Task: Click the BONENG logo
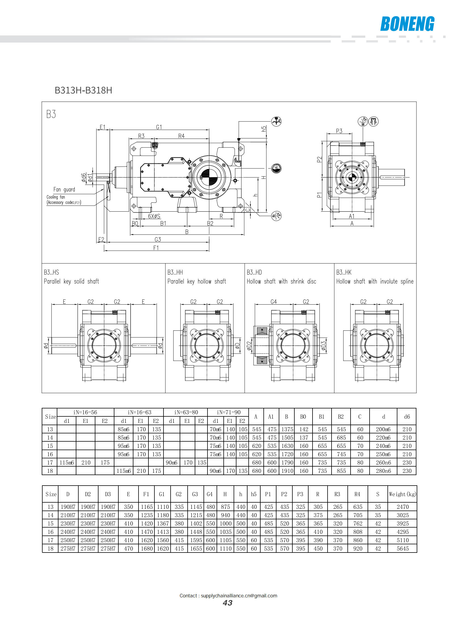pos(407,24)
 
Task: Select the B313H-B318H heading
pos(83,90)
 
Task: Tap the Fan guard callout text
pos(64,189)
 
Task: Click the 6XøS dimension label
pos(154,216)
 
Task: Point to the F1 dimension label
pos(156,248)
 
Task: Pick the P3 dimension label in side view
pos(339,131)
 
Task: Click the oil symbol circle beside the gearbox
pos(276,168)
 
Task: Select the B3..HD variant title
pos(254,272)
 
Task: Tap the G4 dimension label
pos(274,302)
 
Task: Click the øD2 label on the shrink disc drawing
pos(249,346)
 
